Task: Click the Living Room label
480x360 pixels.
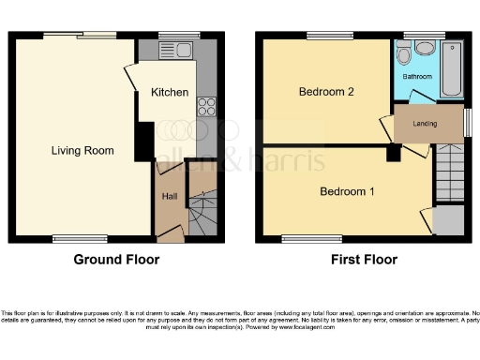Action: [82, 150]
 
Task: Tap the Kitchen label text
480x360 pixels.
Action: [170, 93]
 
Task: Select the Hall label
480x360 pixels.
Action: [170, 197]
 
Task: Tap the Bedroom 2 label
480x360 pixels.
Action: [325, 92]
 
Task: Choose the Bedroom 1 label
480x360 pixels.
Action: [347, 192]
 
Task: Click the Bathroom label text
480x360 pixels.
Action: [417, 76]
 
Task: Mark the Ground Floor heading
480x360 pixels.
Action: [117, 260]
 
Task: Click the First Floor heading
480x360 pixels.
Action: [365, 260]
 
